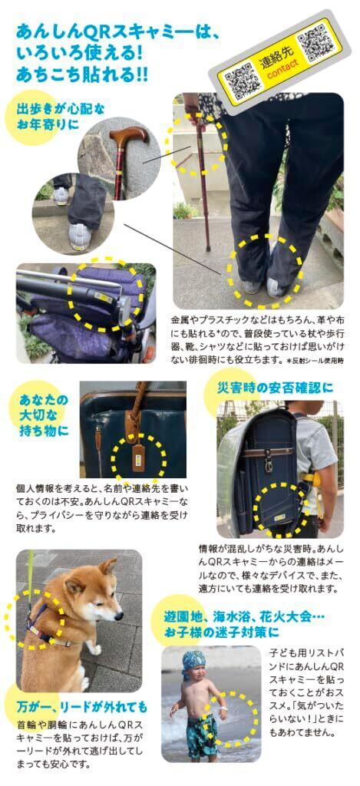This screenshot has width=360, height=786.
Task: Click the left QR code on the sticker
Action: tap(243, 80)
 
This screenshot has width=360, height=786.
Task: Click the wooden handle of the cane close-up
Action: tap(130, 136)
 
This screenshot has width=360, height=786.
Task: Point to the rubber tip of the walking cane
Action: tap(208, 247)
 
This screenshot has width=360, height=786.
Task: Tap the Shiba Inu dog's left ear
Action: tap(107, 568)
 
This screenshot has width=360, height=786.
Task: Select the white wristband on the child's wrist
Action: tap(223, 710)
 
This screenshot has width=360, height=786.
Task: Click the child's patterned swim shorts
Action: tap(203, 732)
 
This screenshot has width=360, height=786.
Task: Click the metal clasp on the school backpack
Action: tap(269, 464)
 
